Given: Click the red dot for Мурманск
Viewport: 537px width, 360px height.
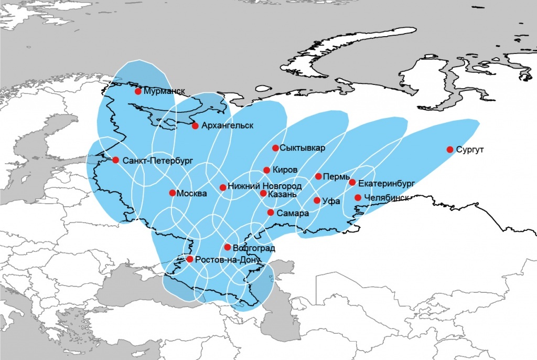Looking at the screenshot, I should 138,91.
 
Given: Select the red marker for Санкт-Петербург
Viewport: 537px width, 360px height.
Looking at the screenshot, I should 116,160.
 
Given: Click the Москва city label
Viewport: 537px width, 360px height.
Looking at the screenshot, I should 192,193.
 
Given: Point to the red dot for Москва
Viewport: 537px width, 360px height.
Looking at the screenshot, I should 173,193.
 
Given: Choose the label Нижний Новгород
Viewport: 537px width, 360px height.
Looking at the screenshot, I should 264,187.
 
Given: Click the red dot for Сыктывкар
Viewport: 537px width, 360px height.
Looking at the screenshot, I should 275,148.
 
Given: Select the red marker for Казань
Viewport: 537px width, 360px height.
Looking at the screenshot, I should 263,193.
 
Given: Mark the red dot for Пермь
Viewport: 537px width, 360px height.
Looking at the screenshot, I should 318,176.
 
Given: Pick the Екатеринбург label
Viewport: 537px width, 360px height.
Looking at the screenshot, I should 386,183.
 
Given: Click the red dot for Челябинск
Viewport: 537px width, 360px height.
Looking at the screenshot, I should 358,198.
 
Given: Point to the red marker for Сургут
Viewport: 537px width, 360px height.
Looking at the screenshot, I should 450,150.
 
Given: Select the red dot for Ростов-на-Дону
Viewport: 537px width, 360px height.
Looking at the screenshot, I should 190,259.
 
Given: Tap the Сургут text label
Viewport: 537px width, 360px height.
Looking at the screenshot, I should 470,150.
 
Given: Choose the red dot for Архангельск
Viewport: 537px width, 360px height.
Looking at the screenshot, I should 195,126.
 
